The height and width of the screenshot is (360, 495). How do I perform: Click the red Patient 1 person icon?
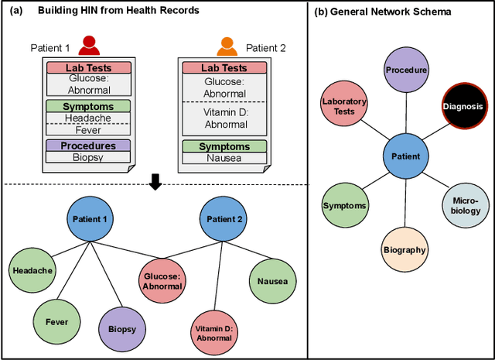point(90,46)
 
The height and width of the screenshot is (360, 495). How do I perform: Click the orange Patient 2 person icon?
point(227,46)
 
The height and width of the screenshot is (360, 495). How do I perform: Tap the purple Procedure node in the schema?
point(406,69)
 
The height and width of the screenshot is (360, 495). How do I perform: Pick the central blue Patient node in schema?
point(406,156)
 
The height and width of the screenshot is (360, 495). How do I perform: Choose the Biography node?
point(405,249)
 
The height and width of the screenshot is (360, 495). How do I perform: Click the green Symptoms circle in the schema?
point(345,205)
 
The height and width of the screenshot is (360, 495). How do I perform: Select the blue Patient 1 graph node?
point(90,219)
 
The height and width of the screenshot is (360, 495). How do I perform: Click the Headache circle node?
point(32,270)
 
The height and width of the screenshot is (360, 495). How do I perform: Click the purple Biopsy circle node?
point(121,327)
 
